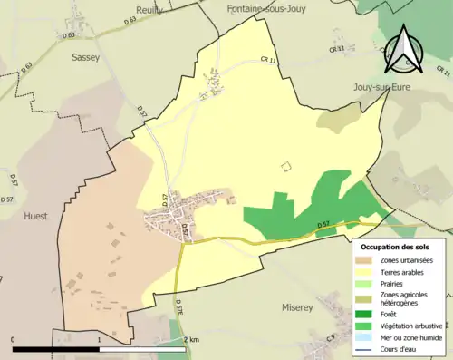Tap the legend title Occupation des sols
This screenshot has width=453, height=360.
400,247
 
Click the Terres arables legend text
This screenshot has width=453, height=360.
405,271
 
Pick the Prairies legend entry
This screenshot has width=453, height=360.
393,282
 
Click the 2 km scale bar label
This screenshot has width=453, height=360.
190,339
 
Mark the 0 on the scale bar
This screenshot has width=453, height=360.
13,339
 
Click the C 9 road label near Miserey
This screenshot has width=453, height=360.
331,337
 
